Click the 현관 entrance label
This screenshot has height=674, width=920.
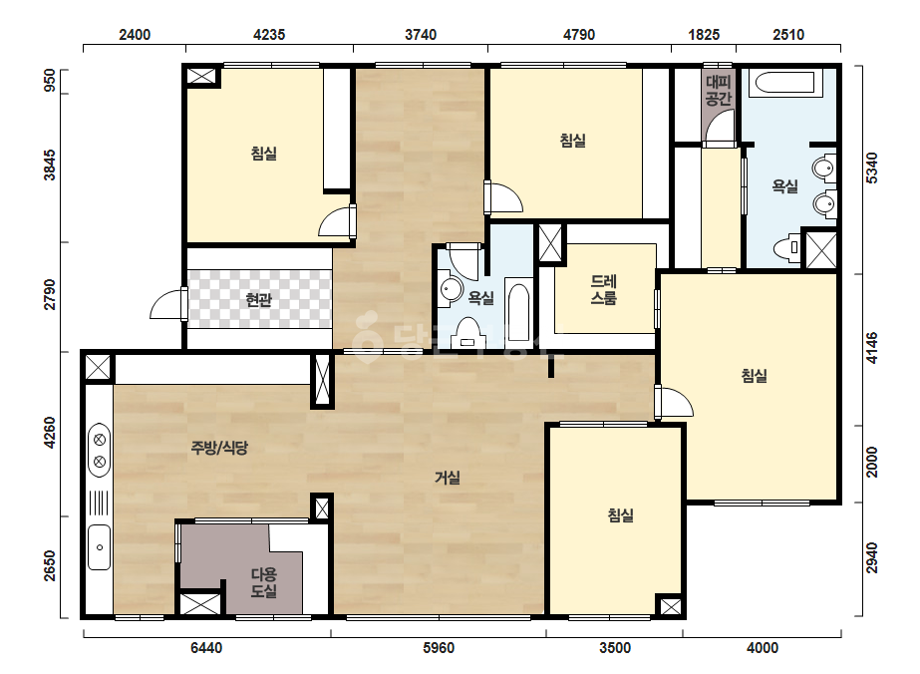click(x=259, y=300)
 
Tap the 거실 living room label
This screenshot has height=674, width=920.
click(x=448, y=478)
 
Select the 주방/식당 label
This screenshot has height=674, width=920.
click(x=219, y=448)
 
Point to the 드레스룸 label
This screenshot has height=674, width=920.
click(x=603, y=290)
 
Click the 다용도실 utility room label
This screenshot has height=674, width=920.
click(x=264, y=582)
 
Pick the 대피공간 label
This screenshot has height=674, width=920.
click(x=719, y=91)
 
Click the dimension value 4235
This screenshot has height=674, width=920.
click(x=269, y=35)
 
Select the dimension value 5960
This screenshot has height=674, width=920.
click(x=439, y=648)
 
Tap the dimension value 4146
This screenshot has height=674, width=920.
click(x=872, y=348)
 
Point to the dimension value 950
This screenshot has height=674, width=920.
click(x=50, y=81)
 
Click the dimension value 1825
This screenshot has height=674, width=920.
click(x=704, y=35)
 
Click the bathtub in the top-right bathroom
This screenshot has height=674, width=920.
click(x=785, y=83)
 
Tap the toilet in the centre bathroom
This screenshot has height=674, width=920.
click(x=467, y=333)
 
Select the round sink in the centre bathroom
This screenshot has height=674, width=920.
click(x=451, y=288)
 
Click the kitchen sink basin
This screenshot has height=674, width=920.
click(x=99, y=547)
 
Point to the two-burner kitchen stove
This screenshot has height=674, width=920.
click(x=99, y=449)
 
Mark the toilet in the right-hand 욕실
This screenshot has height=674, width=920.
click(x=787, y=247)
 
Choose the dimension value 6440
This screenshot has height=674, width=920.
click(x=206, y=648)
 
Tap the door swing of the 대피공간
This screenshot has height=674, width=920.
click(x=719, y=127)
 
